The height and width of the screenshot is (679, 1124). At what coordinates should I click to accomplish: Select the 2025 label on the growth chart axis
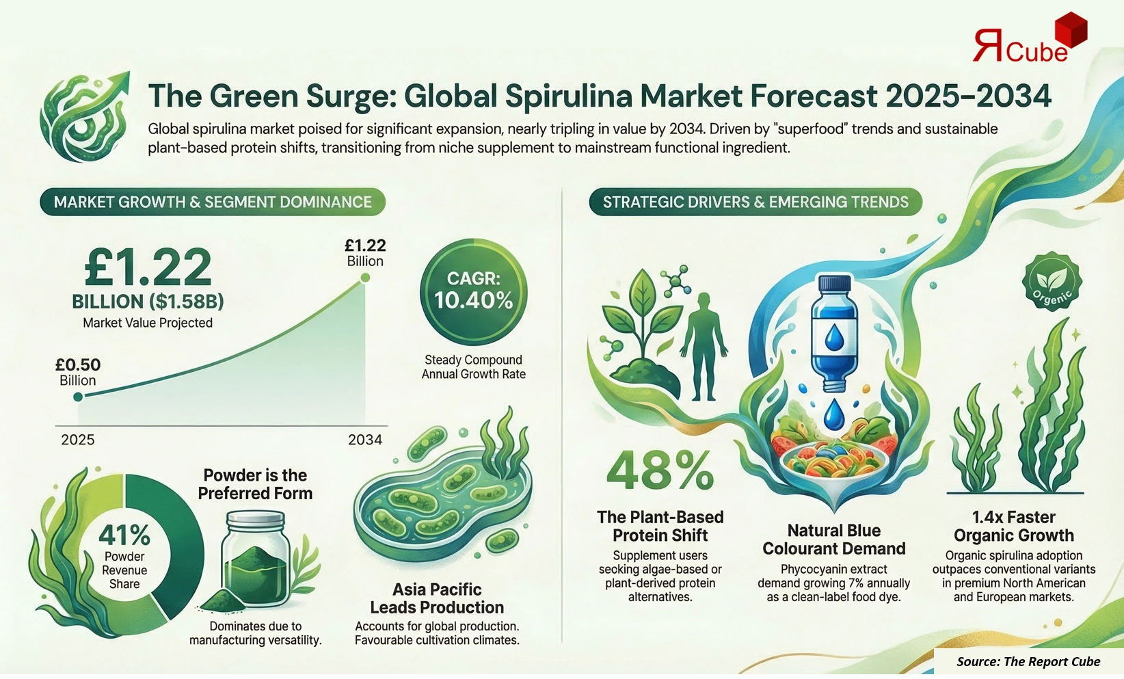[x=78, y=440]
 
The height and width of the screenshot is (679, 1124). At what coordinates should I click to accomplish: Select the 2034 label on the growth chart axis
[x=365, y=440]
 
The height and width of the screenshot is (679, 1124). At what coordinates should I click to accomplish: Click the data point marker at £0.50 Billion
[x=78, y=397]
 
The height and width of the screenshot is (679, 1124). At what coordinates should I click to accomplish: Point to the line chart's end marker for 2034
[x=365, y=278]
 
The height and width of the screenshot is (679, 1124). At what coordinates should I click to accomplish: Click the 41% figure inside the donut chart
[x=124, y=534]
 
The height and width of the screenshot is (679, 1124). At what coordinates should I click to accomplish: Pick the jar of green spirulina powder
[x=254, y=558]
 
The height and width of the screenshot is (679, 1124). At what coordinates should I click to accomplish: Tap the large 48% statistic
[x=660, y=470]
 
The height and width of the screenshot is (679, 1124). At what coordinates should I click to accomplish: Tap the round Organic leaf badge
[x=1052, y=282]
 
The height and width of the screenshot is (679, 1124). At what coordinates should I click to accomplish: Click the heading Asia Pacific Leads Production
[x=437, y=598]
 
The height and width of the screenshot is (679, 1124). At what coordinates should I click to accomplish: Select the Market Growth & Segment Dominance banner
[x=213, y=202]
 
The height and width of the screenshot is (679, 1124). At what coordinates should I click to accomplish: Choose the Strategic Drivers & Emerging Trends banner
[x=755, y=202]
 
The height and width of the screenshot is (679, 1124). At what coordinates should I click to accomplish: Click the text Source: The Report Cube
[x=1028, y=661]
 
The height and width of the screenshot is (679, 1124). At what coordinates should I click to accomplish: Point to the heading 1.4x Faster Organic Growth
[x=1013, y=526]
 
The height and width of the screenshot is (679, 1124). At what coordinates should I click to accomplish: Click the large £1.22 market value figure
[x=148, y=268]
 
